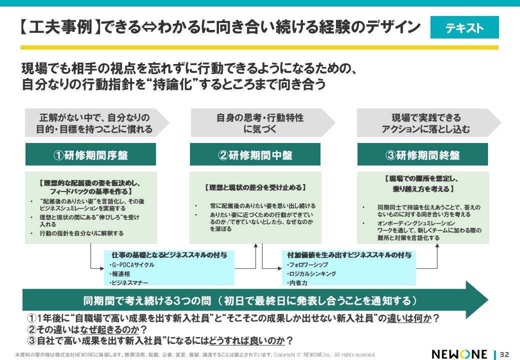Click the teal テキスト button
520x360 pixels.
tap(464, 27)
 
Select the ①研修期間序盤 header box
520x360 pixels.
tap(91, 154)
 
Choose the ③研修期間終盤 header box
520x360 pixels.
tap(422, 154)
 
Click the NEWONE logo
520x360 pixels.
tap(458, 354)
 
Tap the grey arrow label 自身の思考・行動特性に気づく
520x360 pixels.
tap(260, 123)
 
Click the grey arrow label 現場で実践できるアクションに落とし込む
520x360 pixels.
tap(426, 123)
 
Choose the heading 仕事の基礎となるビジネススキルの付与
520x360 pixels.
tap(169, 255)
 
